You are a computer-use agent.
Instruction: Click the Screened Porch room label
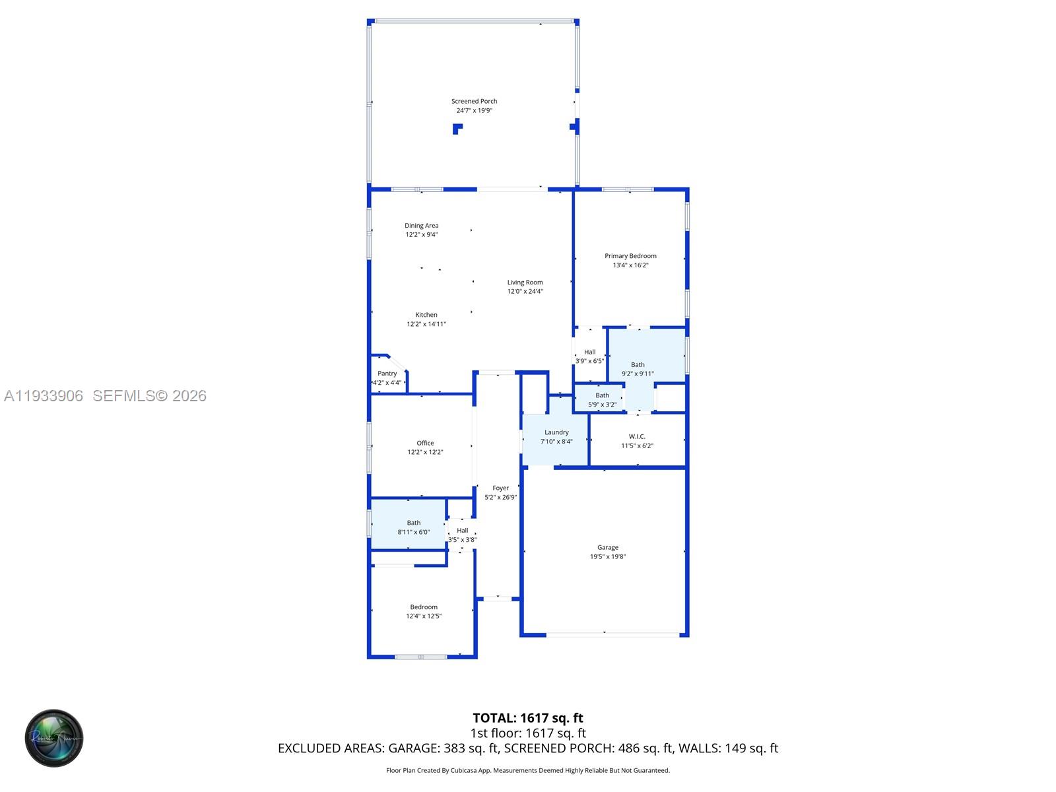click(x=474, y=102)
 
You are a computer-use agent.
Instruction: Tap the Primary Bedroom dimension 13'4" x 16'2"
click(x=630, y=265)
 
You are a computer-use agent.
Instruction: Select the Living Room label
click(x=525, y=282)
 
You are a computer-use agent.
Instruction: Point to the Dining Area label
click(x=421, y=226)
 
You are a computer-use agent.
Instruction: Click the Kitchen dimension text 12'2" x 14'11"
click(x=426, y=324)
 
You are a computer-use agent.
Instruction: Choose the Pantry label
click(x=387, y=374)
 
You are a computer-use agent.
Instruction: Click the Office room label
click(x=425, y=444)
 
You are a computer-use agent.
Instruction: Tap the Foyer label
click(x=500, y=488)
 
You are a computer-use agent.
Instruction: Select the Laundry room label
click(x=556, y=433)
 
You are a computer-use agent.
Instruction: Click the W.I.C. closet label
click(x=637, y=437)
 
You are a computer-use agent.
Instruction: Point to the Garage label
click(x=608, y=548)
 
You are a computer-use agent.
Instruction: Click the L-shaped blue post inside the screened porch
click(x=457, y=129)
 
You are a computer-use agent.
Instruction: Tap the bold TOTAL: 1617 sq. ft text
click(x=528, y=718)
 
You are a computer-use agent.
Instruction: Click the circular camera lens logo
click(x=54, y=738)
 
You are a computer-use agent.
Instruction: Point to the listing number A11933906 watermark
click(x=44, y=396)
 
